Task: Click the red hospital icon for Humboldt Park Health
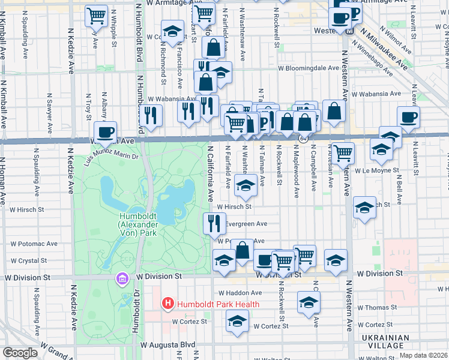click(x=168, y=304)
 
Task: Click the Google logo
click(x=20, y=353)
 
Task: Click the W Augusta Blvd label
click(x=168, y=345)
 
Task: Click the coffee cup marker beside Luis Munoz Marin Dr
click(x=106, y=132)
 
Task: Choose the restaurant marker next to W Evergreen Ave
click(x=215, y=223)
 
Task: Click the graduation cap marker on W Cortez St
click(x=237, y=320)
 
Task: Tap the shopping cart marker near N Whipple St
click(x=96, y=16)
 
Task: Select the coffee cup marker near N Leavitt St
click(x=408, y=117)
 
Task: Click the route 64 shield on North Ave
click(x=304, y=139)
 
